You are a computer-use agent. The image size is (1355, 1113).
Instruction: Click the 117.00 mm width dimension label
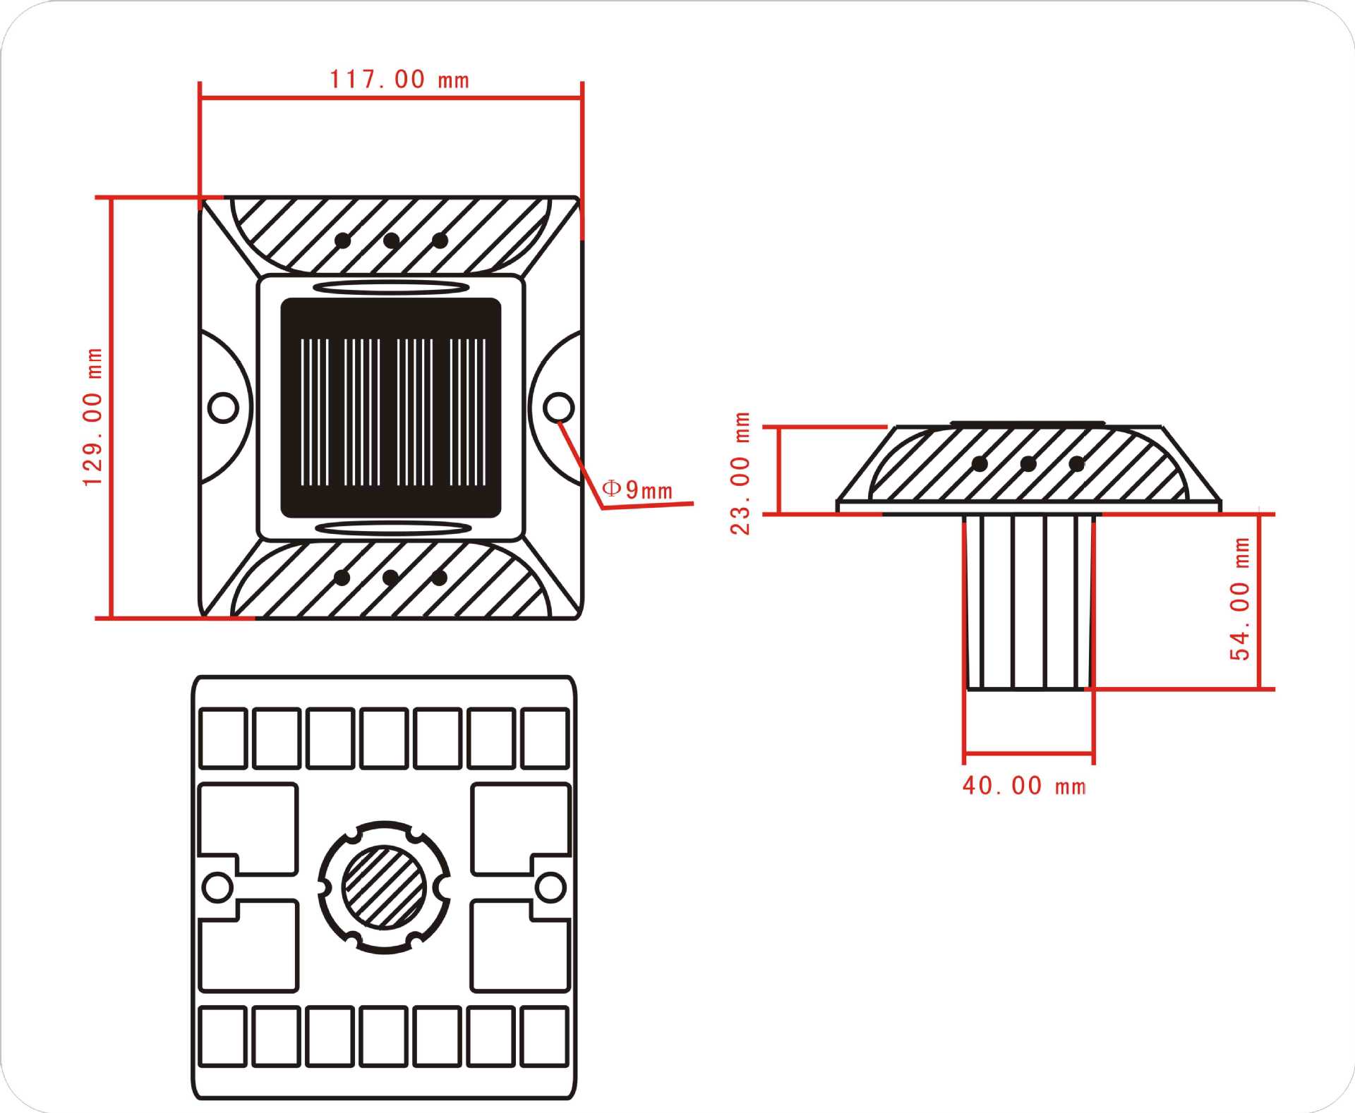399,79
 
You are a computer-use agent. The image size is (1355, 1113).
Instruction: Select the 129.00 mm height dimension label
93,417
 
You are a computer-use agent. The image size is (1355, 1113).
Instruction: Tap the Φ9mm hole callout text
637,489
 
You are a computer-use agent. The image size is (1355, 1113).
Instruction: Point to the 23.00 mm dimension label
740,473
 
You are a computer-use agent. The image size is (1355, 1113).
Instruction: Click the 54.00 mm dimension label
1240,599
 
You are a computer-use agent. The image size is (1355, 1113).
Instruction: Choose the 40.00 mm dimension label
1025,786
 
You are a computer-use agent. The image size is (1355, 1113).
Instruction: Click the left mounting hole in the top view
224,407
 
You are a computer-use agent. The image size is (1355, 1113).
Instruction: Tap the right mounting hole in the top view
559,407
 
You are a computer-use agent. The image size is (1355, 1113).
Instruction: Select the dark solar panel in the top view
391,408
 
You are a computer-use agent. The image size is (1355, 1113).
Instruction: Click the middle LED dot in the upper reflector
391,241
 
